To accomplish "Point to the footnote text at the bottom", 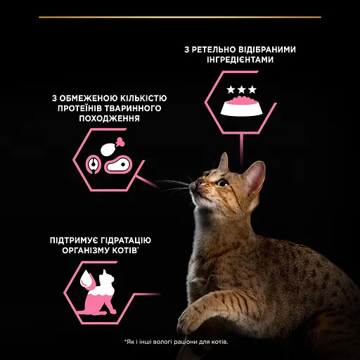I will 176,342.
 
